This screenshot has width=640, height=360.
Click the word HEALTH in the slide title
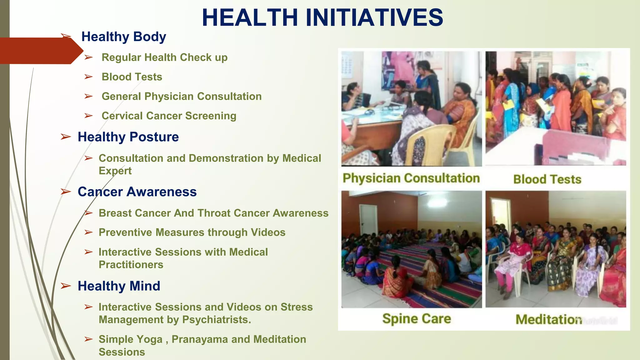pos(250,17)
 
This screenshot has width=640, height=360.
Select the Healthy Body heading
pos(123,37)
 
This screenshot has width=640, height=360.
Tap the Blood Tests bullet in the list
pos(132,77)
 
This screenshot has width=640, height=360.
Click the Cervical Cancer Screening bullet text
pos(169,116)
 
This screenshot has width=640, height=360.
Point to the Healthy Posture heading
pos(128,137)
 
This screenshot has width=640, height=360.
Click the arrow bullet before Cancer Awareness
pos(66,192)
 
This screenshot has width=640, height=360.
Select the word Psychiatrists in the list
pos(216,320)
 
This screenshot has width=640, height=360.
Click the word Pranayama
pos(199,339)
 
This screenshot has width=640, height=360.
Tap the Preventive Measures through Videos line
pos(192,232)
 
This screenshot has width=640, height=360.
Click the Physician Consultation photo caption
pos(411,178)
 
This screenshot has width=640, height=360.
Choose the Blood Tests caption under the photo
pos(547,179)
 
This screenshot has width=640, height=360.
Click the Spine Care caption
pos(417,319)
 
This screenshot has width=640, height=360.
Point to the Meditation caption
pos(548,319)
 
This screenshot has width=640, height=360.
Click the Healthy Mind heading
pos(119,286)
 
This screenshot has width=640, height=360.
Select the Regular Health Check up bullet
pos(164,57)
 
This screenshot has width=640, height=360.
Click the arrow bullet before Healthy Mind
pos(66,286)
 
